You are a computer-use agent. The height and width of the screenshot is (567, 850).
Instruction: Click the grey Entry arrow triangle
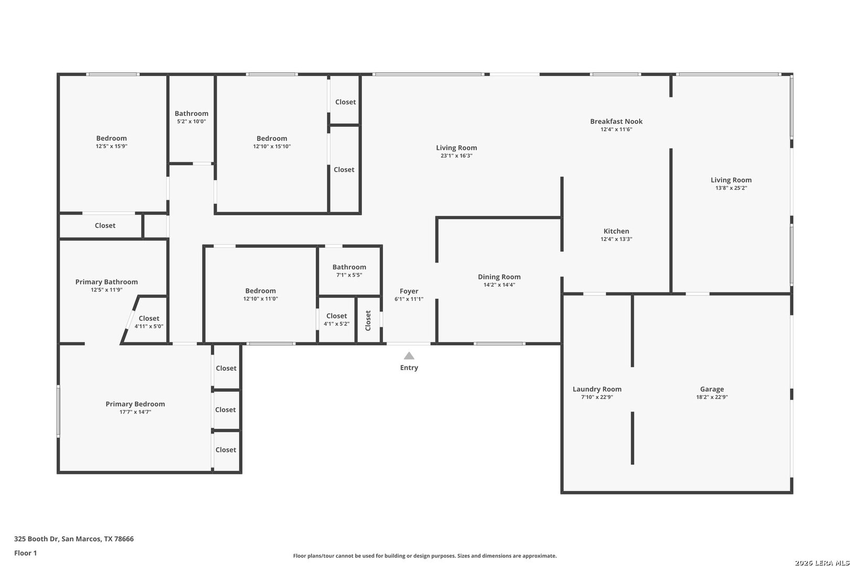(x=409, y=356)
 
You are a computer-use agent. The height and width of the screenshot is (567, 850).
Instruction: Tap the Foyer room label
(x=409, y=291)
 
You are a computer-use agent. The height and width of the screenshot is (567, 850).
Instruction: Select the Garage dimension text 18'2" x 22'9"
(x=712, y=397)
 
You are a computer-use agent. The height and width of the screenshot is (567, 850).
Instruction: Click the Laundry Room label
(x=597, y=389)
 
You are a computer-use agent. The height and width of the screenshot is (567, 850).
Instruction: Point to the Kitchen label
(x=616, y=231)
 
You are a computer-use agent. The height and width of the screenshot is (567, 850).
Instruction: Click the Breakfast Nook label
(x=616, y=121)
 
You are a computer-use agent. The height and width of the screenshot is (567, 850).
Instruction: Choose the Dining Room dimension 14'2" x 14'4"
(x=499, y=285)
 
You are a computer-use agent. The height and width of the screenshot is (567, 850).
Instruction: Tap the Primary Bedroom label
(x=135, y=404)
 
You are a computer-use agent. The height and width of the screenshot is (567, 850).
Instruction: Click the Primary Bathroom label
(x=106, y=282)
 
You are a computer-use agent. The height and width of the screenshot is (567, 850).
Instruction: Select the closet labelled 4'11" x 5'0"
(x=149, y=322)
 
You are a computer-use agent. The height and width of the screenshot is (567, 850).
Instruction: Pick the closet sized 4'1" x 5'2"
(x=336, y=319)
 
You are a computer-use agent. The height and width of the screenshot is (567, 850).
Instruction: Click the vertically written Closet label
(x=368, y=321)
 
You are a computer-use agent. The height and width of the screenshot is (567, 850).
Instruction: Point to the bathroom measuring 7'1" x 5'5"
(x=349, y=271)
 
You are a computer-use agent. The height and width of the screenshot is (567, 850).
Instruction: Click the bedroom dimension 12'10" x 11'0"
(x=260, y=299)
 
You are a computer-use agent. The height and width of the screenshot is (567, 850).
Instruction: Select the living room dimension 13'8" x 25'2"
(x=731, y=188)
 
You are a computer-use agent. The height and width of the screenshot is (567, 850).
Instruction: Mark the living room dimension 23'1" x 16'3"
(x=456, y=156)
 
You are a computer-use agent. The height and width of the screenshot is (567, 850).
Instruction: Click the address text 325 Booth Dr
(x=36, y=539)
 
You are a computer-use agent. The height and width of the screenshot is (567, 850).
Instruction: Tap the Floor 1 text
(x=25, y=553)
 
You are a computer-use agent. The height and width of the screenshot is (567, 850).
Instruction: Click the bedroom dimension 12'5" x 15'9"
(x=111, y=146)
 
